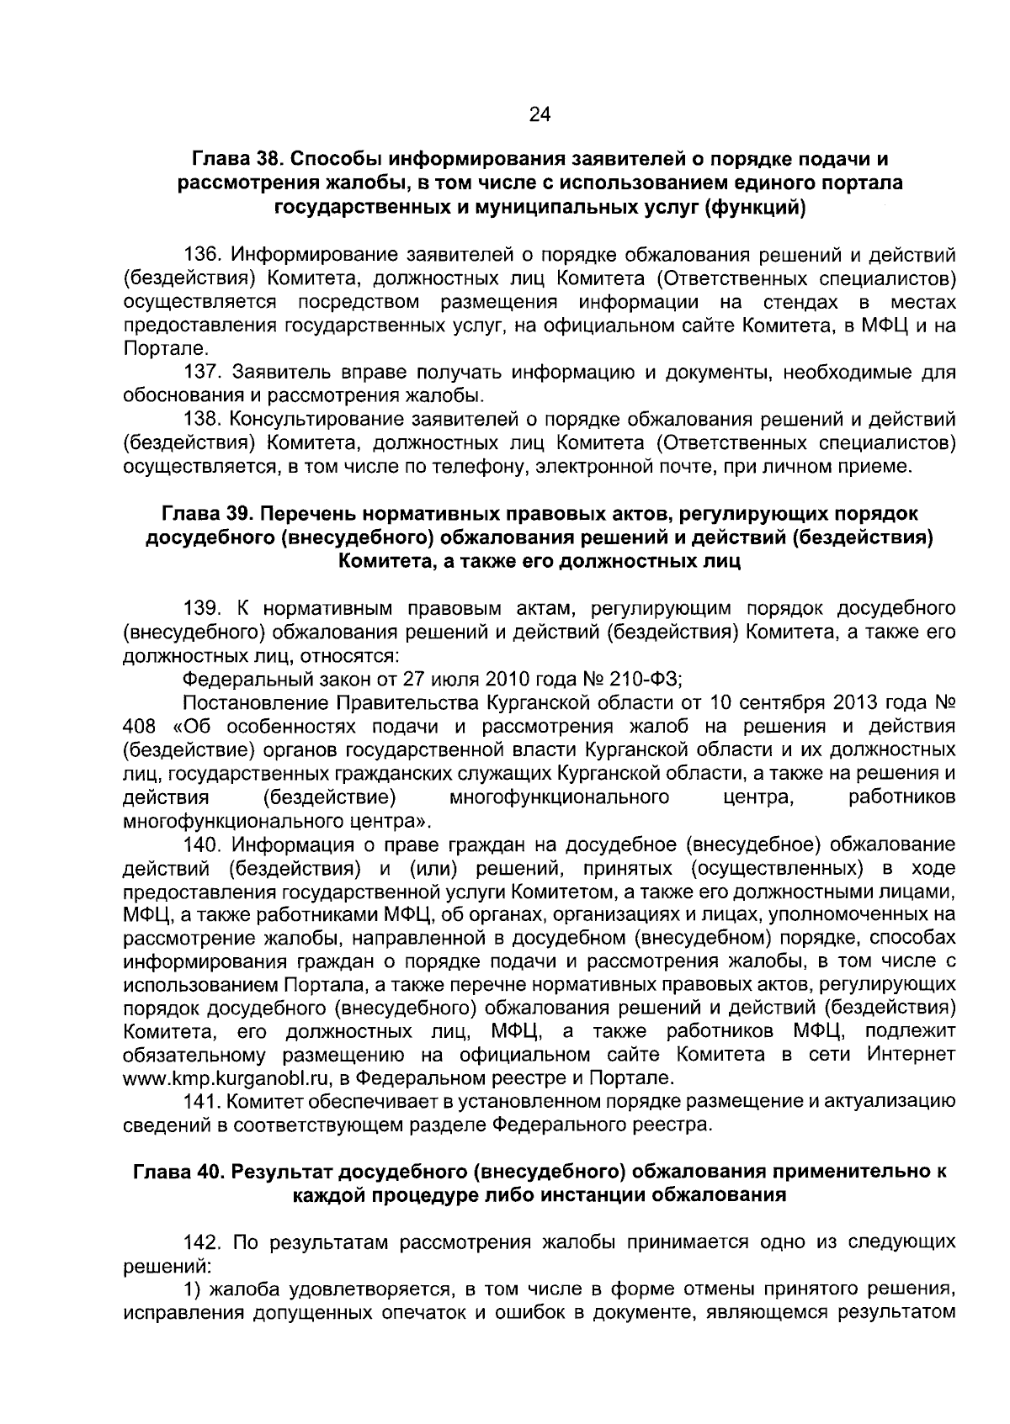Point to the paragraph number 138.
pyautogui.click(x=201, y=419)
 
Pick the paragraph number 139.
pyautogui.click(x=201, y=608)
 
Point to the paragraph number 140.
pyautogui.click(x=201, y=844)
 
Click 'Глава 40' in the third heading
pyautogui.click(x=176, y=1172)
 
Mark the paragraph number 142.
pyautogui.click(x=201, y=1242)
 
